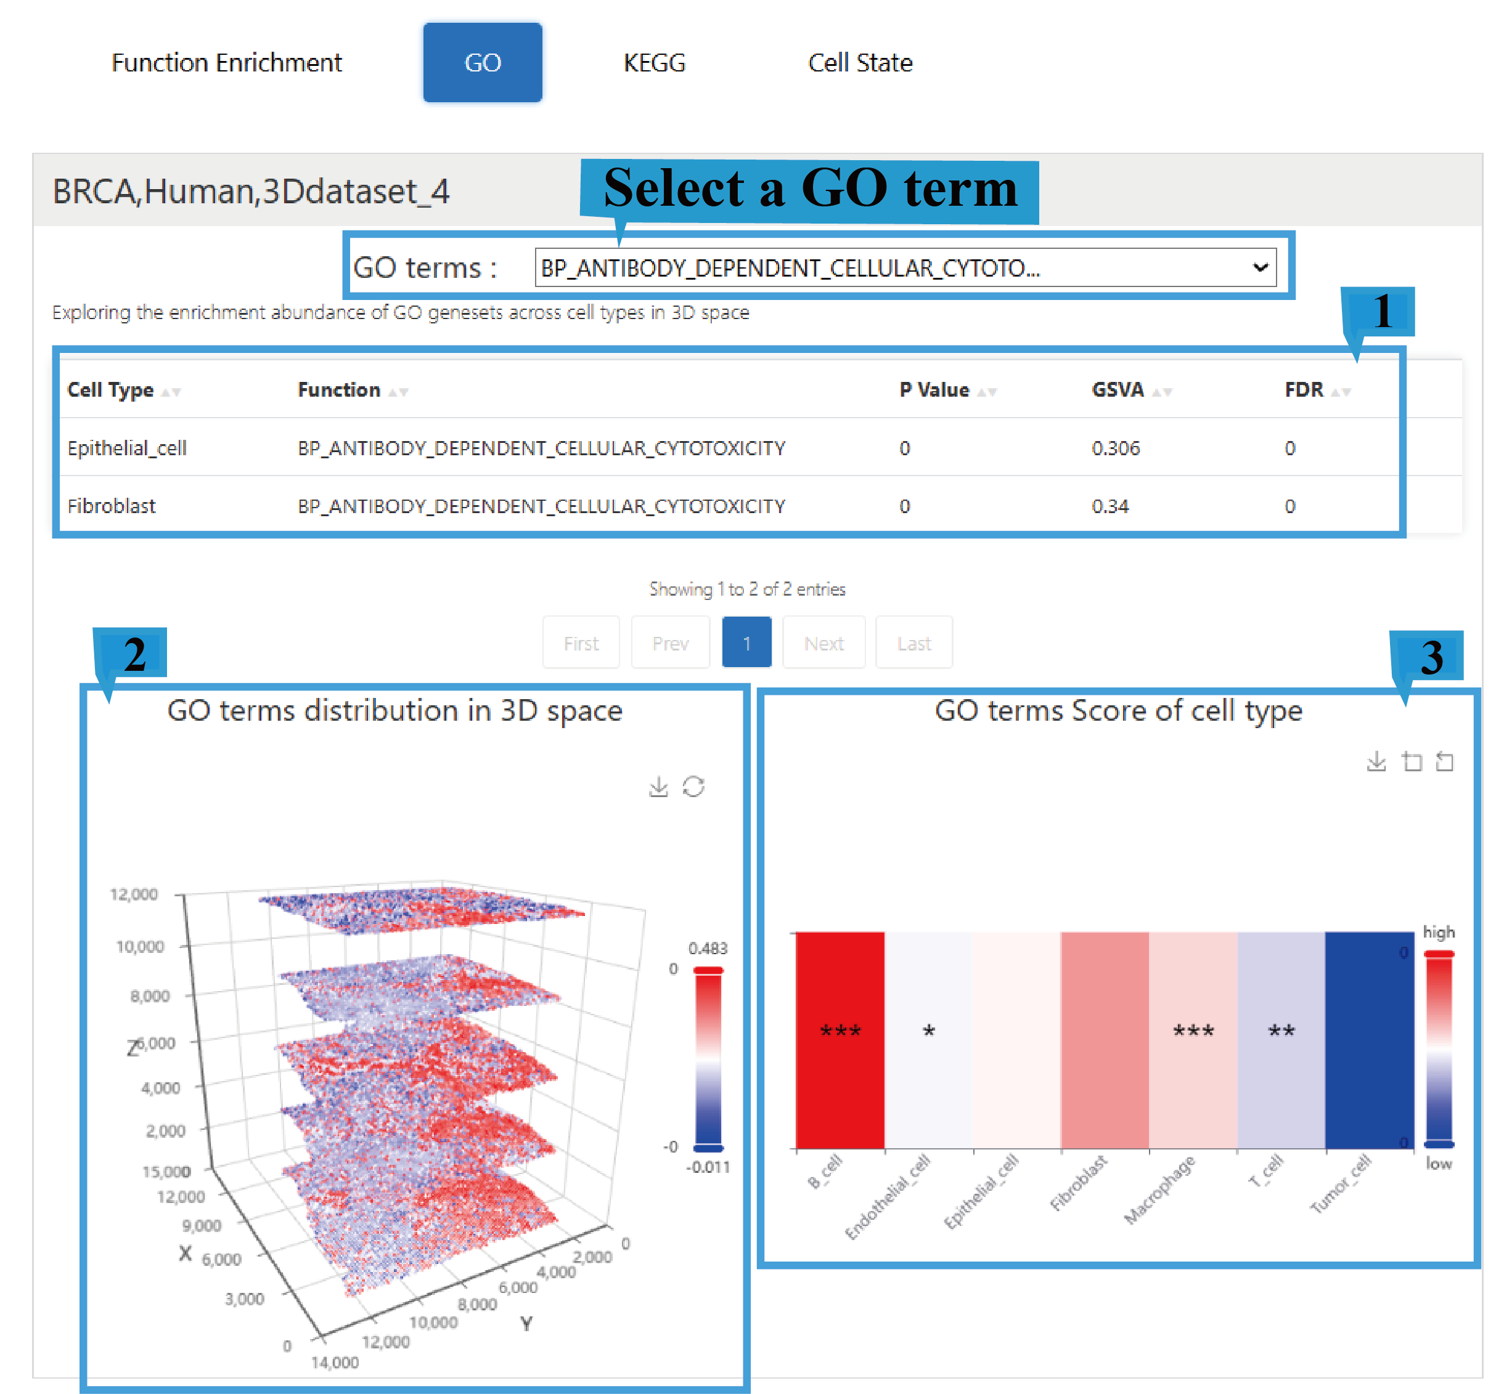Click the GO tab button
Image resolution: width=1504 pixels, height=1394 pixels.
(x=482, y=63)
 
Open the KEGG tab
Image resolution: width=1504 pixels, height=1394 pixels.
(x=653, y=63)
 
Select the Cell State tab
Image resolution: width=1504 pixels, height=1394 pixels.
(x=859, y=63)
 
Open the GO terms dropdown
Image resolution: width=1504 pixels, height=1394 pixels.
(x=904, y=268)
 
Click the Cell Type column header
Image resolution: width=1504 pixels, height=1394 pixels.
(x=111, y=390)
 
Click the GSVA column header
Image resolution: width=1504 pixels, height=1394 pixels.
(x=1118, y=390)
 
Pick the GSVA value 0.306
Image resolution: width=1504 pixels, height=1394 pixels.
(x=1115, y=448)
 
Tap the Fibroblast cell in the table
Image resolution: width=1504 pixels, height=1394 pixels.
(x=112, y=506)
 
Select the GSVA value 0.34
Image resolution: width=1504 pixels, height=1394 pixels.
(x=1110, y=506)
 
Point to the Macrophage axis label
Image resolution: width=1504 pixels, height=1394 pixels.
(x=1160, y=1189)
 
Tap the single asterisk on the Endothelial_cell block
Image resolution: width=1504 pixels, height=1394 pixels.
(x=929, y=1031)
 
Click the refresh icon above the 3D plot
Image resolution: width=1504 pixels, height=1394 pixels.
(x=693, y=787)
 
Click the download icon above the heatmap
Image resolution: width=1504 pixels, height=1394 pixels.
(x=1376, y=761)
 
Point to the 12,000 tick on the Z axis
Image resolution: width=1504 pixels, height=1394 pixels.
(x=134, y=894)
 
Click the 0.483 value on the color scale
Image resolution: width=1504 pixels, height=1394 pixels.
(x=707, y=948)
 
